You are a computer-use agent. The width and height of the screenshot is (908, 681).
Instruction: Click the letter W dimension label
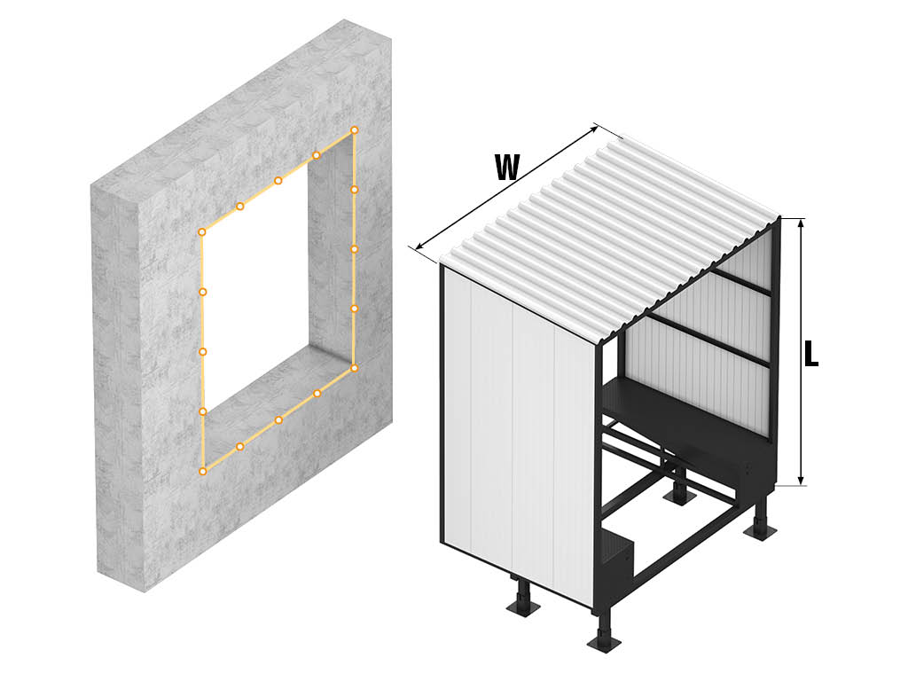(x=507, y=168)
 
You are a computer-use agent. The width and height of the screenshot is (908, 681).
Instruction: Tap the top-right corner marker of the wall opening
(x=355, y=130)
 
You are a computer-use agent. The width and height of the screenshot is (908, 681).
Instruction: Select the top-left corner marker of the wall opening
(x=201, y=232)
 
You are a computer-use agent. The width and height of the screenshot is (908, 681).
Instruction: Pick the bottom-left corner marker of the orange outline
(x=203, y=472)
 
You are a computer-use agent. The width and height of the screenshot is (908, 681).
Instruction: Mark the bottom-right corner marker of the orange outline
(x=355, y=368)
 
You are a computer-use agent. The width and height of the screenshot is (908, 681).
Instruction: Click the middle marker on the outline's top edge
(x=278, y=181)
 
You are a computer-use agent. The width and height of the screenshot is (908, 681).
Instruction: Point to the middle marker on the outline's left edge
(x=203, y=351)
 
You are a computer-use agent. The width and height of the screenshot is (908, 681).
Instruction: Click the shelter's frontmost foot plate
(x=607, y=642)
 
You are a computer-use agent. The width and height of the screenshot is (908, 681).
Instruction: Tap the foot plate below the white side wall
(x=523, y=607)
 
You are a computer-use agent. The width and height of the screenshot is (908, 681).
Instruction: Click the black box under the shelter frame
(x=618, y=557)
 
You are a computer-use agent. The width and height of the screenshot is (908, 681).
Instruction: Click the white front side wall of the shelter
(x=518, y=434)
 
